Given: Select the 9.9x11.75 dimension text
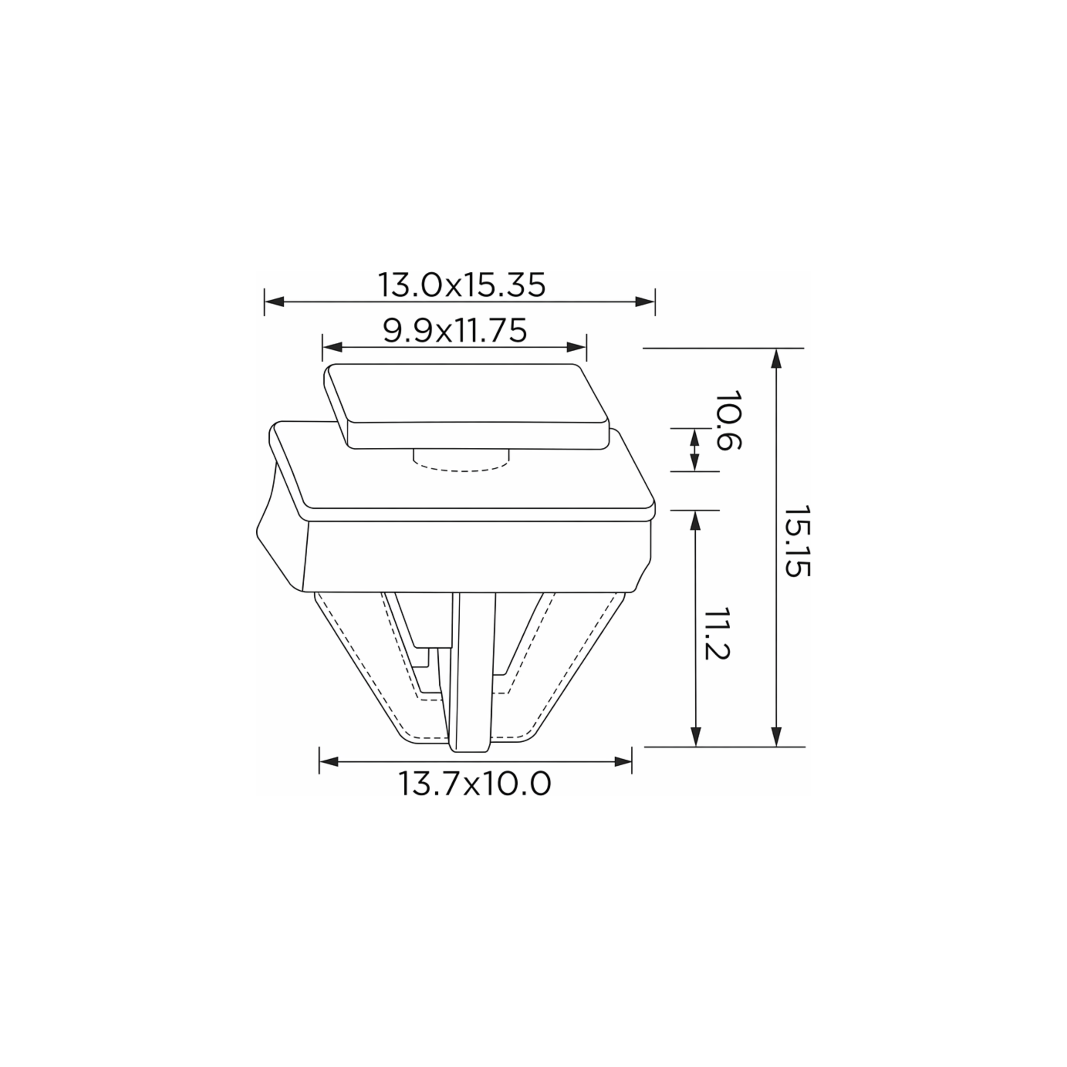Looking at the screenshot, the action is click(x=455, y=331).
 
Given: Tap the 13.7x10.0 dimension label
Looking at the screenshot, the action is click(x=475, y=784).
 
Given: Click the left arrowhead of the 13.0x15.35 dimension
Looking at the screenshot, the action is click(x=274, y=302).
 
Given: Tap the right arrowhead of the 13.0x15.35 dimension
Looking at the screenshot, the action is click(x=645, y=302).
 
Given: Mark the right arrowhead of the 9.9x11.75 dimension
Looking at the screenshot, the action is click(x=576, y=347).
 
